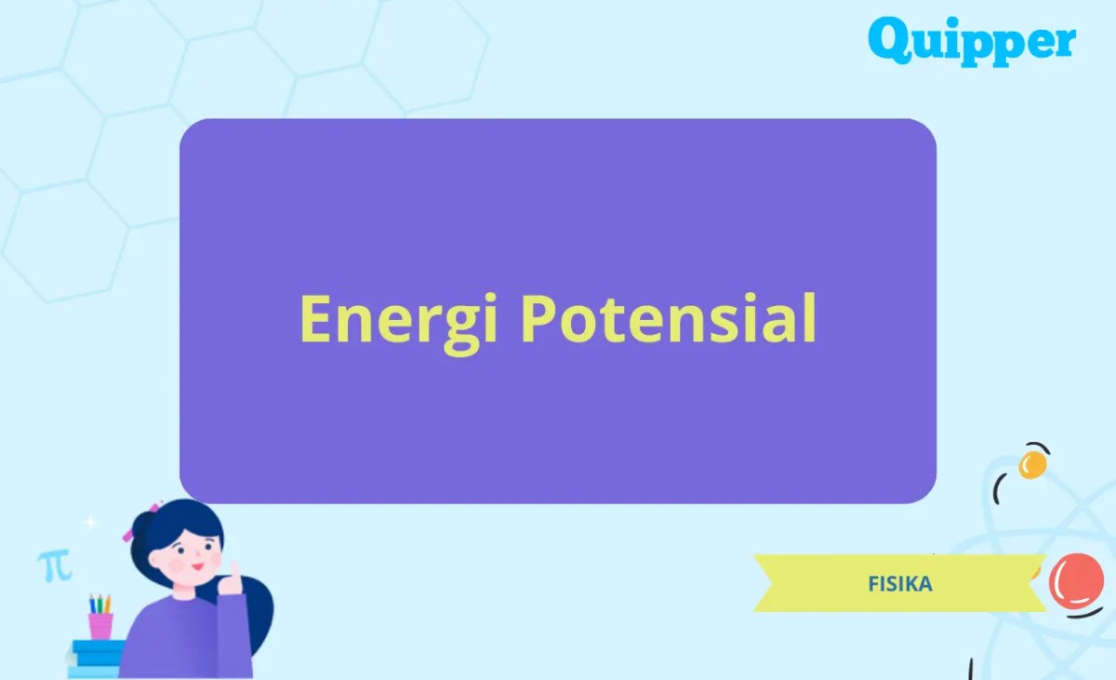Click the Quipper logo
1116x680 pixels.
pos(972,42)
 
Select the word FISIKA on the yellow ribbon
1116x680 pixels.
pos(899,584)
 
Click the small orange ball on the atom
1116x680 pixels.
pos(1032,463)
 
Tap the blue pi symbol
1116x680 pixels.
pos(54,565)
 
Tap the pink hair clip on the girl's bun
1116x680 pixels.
pos(127,534)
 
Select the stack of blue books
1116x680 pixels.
pos(96,656)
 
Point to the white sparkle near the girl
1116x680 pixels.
pos(90,524)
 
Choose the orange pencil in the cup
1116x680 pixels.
pos(107,603)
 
